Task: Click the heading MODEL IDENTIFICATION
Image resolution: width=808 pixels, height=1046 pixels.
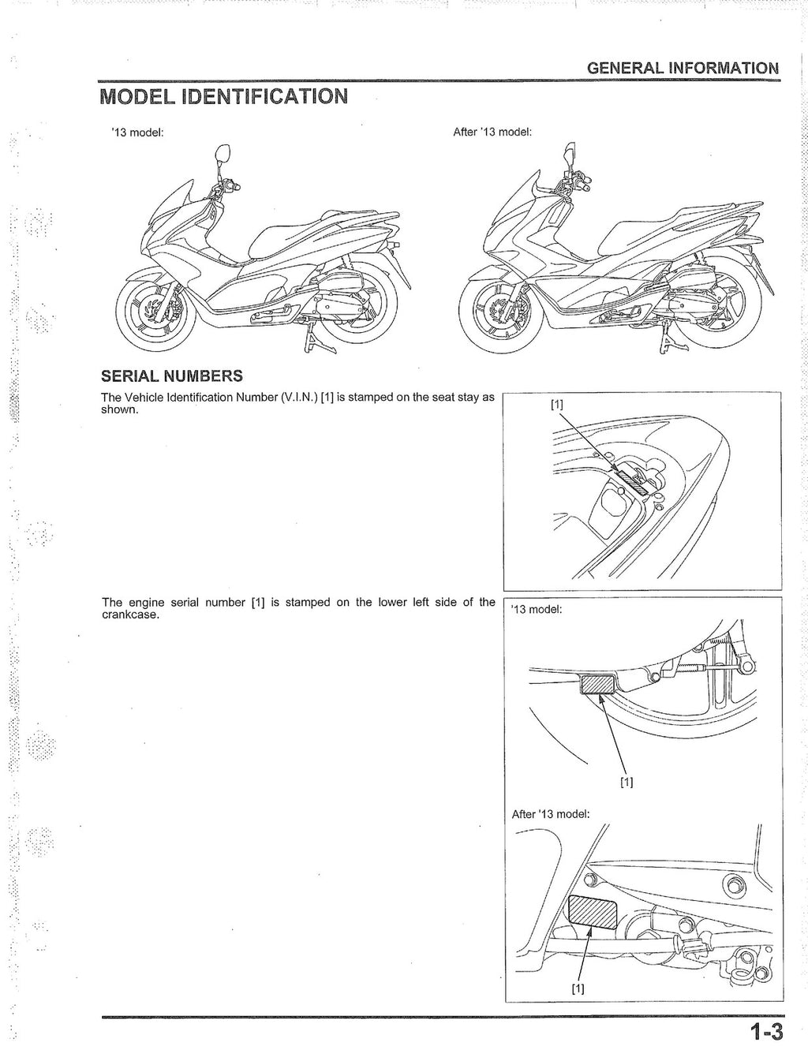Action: [223, 97]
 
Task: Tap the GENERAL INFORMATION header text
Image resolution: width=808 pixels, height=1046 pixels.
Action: [683, 68]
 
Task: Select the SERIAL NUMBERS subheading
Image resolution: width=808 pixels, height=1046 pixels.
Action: [172, 375]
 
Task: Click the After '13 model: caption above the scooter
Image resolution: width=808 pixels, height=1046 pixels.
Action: [492, 132]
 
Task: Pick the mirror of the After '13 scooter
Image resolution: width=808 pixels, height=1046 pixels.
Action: [570, 150]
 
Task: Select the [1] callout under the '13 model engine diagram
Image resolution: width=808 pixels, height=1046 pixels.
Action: [627, 783]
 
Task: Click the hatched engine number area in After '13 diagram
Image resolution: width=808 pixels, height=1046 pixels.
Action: [592, 911]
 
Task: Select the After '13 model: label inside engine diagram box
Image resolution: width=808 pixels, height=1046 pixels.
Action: [550, 814]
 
